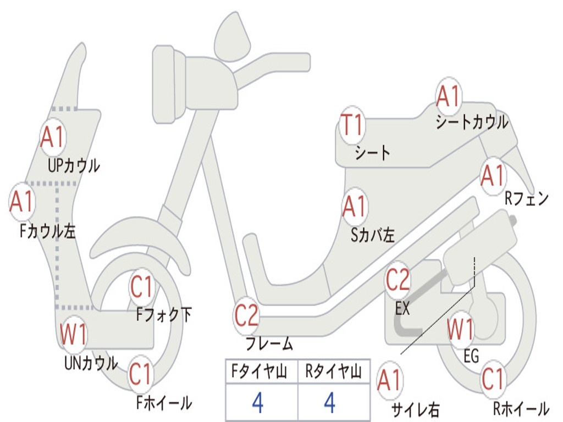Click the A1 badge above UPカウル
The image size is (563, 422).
(52, 137)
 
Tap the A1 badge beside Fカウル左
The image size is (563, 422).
(22, 201)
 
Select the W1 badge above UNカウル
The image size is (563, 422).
(73, 334)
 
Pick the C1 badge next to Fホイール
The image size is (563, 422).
(140, 375)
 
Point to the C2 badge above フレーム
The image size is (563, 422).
(246, 316)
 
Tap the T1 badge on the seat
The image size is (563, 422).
(352, 125)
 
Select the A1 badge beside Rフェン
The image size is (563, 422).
(492, 176)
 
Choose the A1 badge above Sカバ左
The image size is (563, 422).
(355, 207)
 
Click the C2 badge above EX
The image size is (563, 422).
(398, 280)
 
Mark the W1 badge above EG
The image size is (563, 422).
(461, 330)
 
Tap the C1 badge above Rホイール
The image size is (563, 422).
(493, 379)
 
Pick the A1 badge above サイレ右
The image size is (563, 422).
(389, 381)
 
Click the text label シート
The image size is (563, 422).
(372, 152)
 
